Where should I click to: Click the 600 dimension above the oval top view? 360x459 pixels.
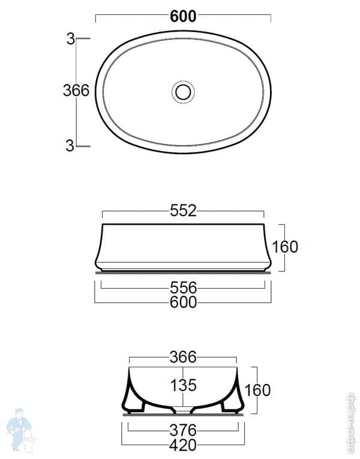point(183,17)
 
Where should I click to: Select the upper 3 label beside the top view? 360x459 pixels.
point(70,40)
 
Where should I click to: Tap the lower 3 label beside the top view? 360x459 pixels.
point(70,145)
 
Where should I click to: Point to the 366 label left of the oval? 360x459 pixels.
point(76,91)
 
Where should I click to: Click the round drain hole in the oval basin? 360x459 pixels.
point(183,92)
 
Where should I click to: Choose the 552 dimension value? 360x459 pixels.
point(183,211)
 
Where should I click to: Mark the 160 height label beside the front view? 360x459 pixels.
point(285,247)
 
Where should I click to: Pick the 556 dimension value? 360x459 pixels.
point(183,288)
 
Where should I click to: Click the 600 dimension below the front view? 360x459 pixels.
point(183,302)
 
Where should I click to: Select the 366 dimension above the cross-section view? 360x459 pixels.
point(183,358)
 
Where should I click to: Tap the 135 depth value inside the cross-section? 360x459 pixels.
point(183,385)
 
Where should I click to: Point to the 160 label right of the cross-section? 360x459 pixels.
point(257,390)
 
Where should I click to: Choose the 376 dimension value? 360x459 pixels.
point(183,430)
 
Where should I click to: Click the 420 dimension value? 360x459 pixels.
point(183,445)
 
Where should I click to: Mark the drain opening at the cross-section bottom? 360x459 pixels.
point(183,411)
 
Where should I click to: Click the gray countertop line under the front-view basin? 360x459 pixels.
point(183,271)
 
